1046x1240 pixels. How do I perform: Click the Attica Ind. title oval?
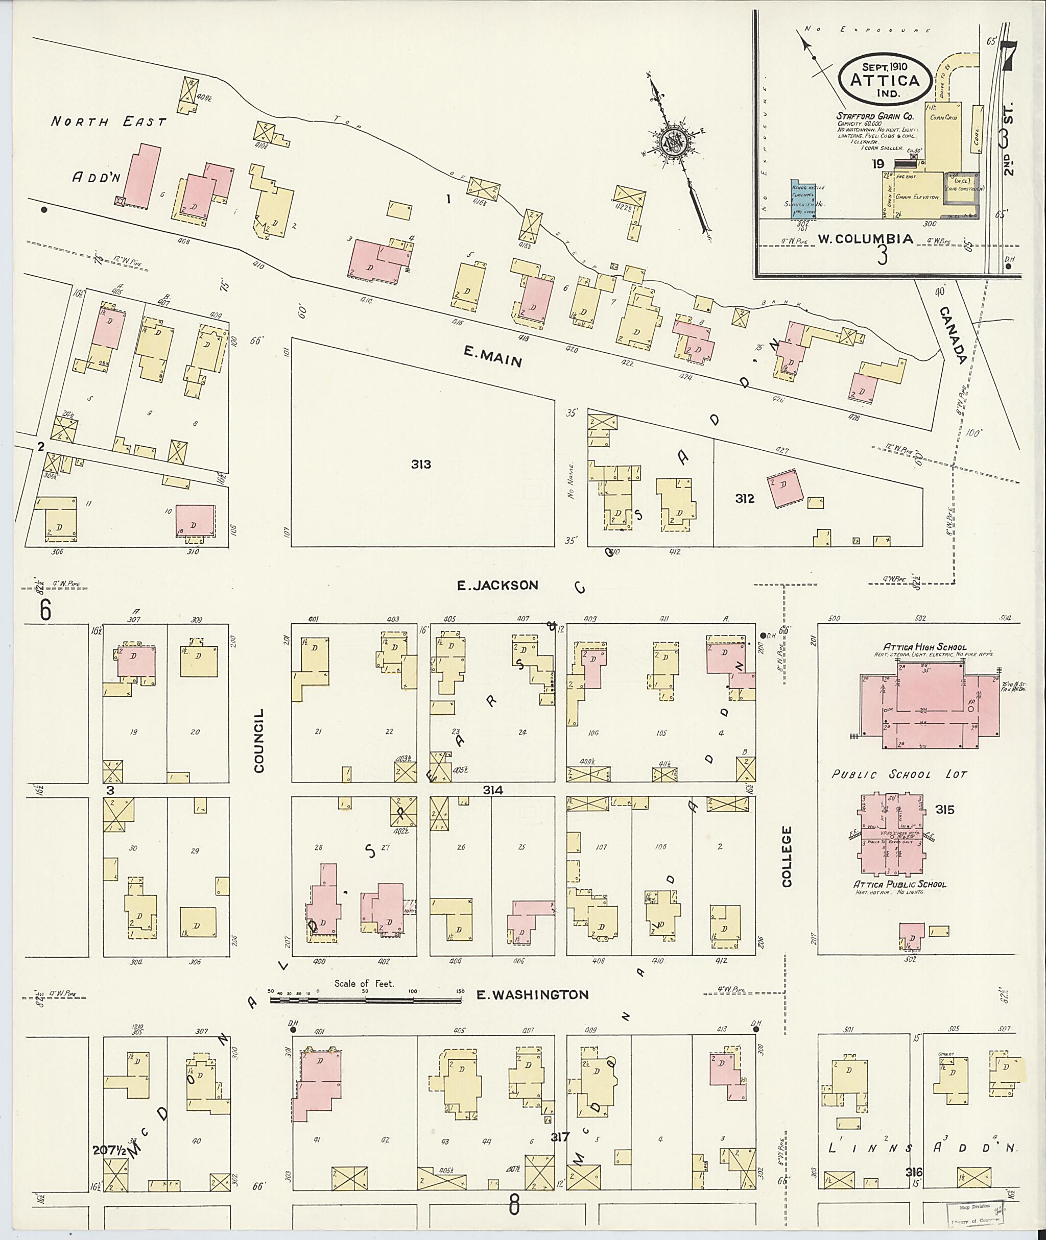pos(883,81)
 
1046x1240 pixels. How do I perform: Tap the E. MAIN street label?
pos(492,357)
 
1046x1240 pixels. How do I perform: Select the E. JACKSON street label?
pos(497,586)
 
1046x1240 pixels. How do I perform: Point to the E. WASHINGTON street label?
pos(533,994)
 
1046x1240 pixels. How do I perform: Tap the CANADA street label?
pos(953,334)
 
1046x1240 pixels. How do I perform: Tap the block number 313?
pos(421,464)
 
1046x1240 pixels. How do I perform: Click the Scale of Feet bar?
pos(365,1000)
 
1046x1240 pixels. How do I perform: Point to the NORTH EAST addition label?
pos(108,121)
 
